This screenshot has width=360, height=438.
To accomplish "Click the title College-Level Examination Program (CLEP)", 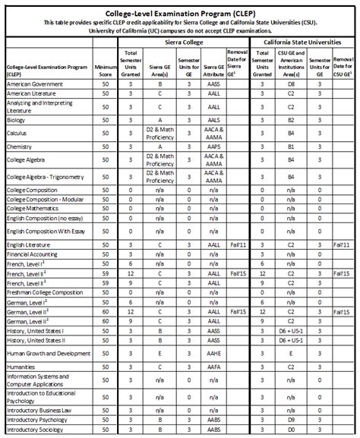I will pyautogui.click(x=181, y=5).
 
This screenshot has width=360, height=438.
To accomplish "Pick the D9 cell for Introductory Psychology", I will pyautogui.click(x=291, y=419).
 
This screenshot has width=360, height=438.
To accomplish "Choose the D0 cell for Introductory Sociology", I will pyautogui.click(x=291, y=430).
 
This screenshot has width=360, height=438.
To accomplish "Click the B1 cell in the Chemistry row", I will pyautogui.click(x=291, y=147).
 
